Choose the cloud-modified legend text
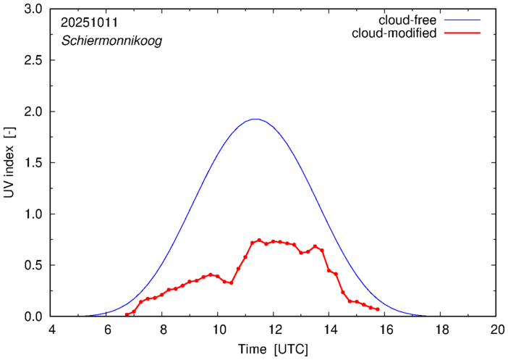[394, 33]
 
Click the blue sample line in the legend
[463, 20]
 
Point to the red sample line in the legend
[463, 34]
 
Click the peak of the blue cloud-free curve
[255, 119]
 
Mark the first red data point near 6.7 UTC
[127, 314]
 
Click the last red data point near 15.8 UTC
[378, 309]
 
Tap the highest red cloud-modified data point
[259, 240]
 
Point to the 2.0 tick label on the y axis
[33, 112]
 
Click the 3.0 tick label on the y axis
[33, 9]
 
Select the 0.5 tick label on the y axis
[33, 265]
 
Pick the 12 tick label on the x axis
[274, 330]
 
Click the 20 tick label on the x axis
[496, 330]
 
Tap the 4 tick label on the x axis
[51, 330]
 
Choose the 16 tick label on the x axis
[385, 330]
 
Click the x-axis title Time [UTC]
[274, 349]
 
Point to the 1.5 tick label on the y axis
[33, 163]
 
